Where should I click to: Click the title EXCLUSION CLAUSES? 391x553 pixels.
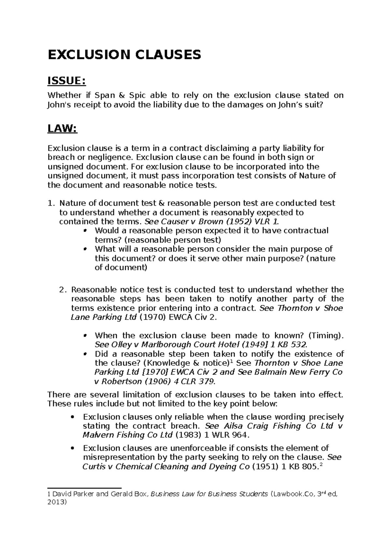[x=124, y=55]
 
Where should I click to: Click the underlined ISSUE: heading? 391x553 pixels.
[x=67, y=81]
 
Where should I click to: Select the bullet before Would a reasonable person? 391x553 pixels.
[x=85, y=231]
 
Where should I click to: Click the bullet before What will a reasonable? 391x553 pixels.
[x=85, y=249]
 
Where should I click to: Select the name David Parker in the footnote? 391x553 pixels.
[x=71, y=494]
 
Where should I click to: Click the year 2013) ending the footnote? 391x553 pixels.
[x=57, y=503]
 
